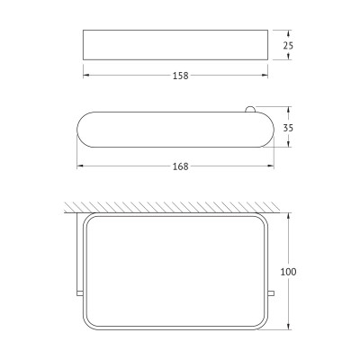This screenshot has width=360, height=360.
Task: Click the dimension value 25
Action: pyautogui.click(x=288, y=46)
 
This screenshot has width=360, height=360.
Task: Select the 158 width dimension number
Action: pyautogui.click(x=181, y=76)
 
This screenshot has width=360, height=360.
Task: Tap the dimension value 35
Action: pyautogui.click(x=288, y=128)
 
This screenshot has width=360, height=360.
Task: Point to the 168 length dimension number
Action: pyautogui.click(x=181, y=166)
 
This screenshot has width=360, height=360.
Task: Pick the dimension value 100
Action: pyautogui.click(x=288, y=272)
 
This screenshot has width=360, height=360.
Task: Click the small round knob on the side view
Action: pyautogui.click(x=250, y=110)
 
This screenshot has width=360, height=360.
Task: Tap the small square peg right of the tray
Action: pyautogui.click(x=271, y=293)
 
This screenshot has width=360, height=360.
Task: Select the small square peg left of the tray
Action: pyautogui.click(x=80, y=293)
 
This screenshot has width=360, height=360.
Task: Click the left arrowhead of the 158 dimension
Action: pyautogui.click(x=86, y=76)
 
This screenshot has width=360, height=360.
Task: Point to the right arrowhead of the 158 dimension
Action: pyautogui.click(x=265, y=76)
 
